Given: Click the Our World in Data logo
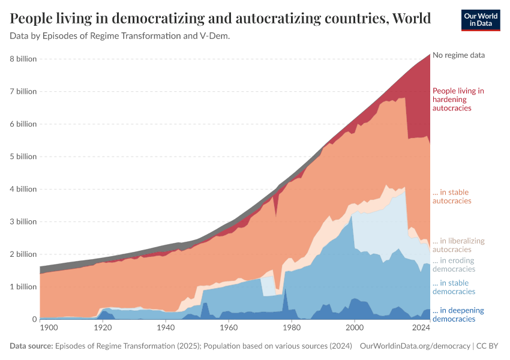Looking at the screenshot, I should click(x=480, y=20).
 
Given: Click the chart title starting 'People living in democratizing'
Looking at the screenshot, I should click(x=220, y=19).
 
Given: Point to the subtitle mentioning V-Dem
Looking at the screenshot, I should click(x=120, y=36).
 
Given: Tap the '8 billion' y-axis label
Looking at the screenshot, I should click(x=23, y=59).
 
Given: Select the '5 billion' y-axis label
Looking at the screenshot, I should click(x=23, y=157).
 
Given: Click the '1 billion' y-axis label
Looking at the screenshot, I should click(x=23, y=287).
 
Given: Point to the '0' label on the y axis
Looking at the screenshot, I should click(x=34, y=319).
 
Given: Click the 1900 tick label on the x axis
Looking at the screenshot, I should click(x=49, y=328).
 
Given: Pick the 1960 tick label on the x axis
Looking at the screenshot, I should click(x=227, y=328).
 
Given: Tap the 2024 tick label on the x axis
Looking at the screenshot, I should click(x=422, y=328).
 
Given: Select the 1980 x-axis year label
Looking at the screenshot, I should click(x=291, y=328).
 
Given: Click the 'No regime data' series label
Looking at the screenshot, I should click(x=458, y=55).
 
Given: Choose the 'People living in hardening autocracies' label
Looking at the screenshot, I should click(x=458, y=100).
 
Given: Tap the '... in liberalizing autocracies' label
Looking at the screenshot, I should click(x=458, y=245).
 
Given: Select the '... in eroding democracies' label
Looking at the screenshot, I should click(x=454, y=265).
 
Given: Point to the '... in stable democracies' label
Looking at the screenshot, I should click(x=454, y=287).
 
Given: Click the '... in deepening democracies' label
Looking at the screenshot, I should click(x=458, y=315).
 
